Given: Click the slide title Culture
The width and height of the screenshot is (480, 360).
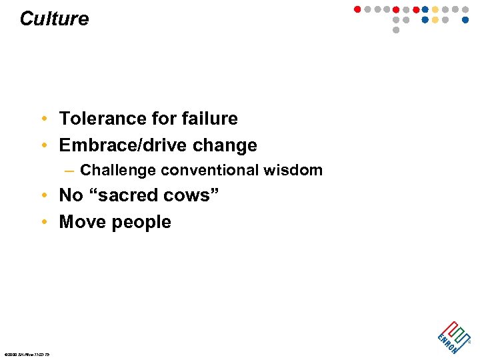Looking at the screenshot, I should [x=54, y=19].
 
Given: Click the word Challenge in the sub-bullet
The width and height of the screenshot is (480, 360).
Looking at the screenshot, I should [x=117, y=171].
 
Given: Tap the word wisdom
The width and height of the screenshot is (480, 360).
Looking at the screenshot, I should [x=293, y=171].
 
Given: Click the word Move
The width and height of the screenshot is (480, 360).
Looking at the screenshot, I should [x=81, y=222].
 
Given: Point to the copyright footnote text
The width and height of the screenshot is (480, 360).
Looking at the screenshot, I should [x=27, y=353].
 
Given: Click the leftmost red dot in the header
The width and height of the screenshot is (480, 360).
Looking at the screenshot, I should [x=357, y=10].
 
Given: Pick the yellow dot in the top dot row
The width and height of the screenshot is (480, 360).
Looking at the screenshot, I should [x=435, y=10].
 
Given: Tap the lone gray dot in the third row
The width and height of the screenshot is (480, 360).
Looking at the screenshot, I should [x=396, y=30].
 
